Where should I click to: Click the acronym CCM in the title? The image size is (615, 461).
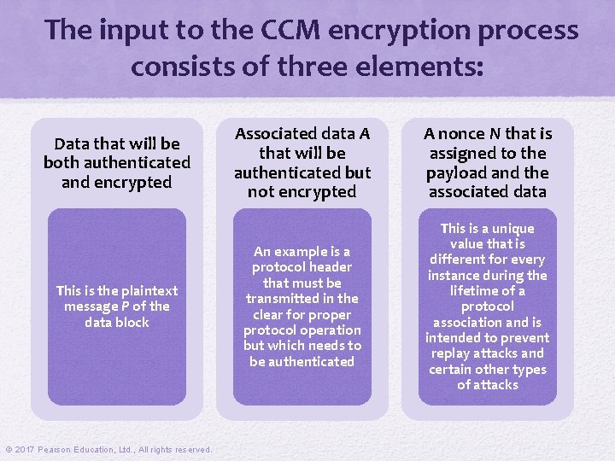(x=300, y=30)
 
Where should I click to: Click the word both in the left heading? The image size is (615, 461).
(x=64, y=162)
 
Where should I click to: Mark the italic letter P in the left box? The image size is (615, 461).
(x=126, y=306)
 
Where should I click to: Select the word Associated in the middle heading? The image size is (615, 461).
(x=276, y=133)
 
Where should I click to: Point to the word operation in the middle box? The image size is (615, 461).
(x=328, y=330)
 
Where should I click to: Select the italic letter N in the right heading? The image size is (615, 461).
(x=495, y=133)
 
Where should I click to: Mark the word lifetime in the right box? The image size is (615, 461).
(x=484, y=291)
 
